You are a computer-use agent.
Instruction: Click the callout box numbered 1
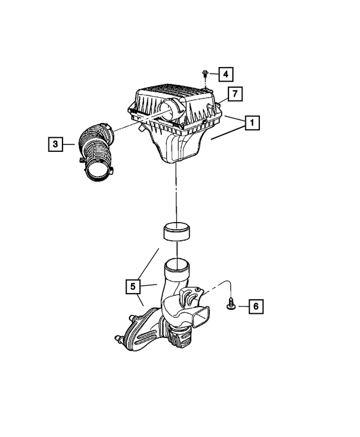252,123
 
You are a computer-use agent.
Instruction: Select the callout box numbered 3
55,145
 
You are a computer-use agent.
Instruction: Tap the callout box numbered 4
224,74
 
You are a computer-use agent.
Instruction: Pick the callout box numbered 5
133,286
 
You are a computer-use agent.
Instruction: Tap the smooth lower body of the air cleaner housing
180,146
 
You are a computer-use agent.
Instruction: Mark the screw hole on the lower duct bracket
197,292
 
